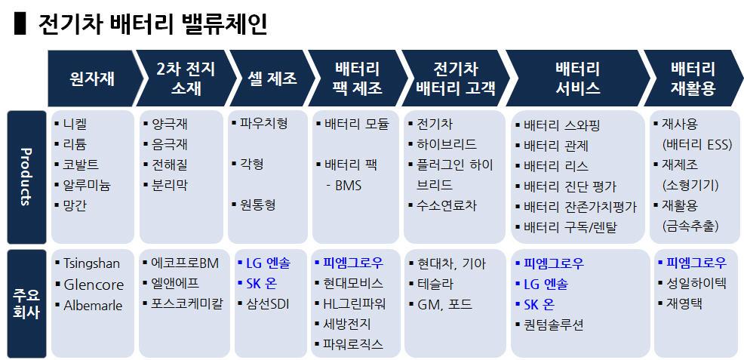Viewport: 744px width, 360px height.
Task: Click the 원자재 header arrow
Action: [92, 78]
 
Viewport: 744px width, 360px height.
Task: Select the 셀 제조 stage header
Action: [272, 78]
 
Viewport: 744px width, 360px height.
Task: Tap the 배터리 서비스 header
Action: [577, 78]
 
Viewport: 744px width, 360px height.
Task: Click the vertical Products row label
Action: [24, 177]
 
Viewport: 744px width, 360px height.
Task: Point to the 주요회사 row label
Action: [24, 301]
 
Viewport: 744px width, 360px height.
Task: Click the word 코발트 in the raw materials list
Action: [81, 165]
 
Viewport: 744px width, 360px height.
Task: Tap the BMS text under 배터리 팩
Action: [348, 185]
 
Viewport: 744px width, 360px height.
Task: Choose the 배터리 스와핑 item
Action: [561, 125]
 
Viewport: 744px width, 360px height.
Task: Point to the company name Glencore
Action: [94, 285]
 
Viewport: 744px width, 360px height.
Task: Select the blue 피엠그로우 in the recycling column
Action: [696, 263]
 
